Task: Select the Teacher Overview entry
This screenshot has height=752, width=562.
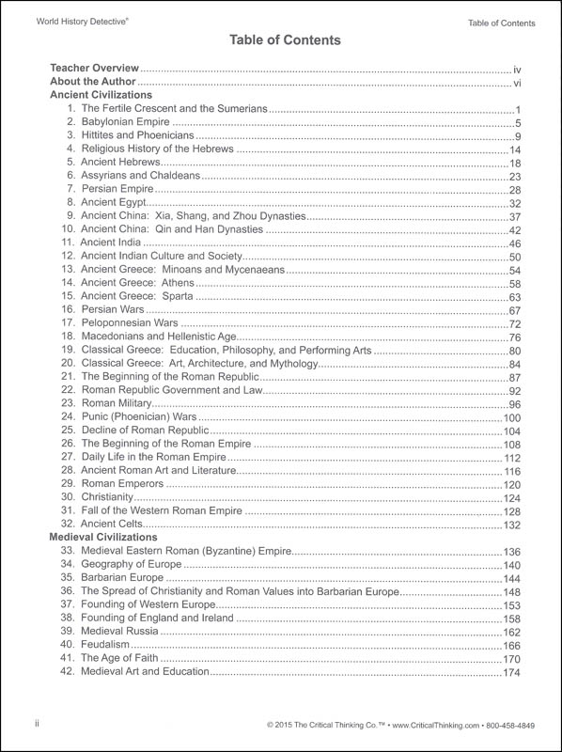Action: [x=94, y=70]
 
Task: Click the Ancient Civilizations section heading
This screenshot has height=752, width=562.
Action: [x=101, y=97]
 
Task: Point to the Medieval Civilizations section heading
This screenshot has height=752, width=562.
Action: [x=104, y=537]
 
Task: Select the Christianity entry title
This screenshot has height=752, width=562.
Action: [x=107, y=497]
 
